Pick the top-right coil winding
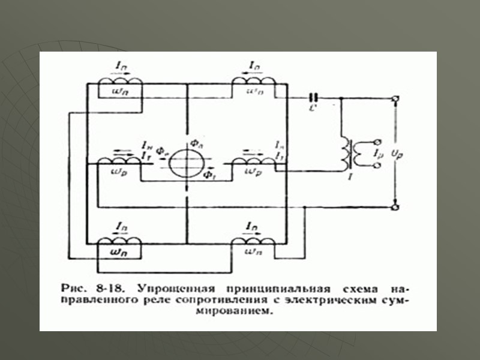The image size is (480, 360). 253,81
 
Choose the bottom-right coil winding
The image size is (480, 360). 253,241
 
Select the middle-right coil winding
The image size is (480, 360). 253,160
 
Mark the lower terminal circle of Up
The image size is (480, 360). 395,207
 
